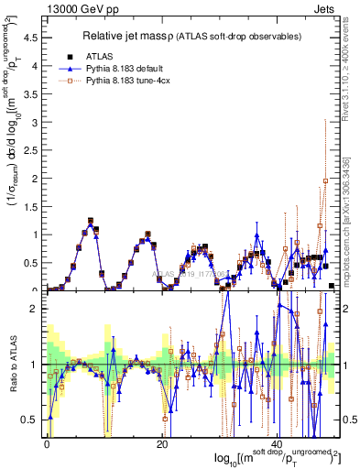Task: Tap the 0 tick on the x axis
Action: pyautogui.click(x=48, y=443)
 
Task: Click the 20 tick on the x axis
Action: pyautogui.click(x=162, y=443)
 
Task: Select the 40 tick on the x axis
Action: pyautogui.click(x=277, y=443)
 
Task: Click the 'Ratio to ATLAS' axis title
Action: pyautogui.click(x=12, y=366)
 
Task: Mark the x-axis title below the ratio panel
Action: pyautogui.click(x=275, y=457)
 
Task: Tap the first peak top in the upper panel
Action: pyautogui.click(x=90, y=221)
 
